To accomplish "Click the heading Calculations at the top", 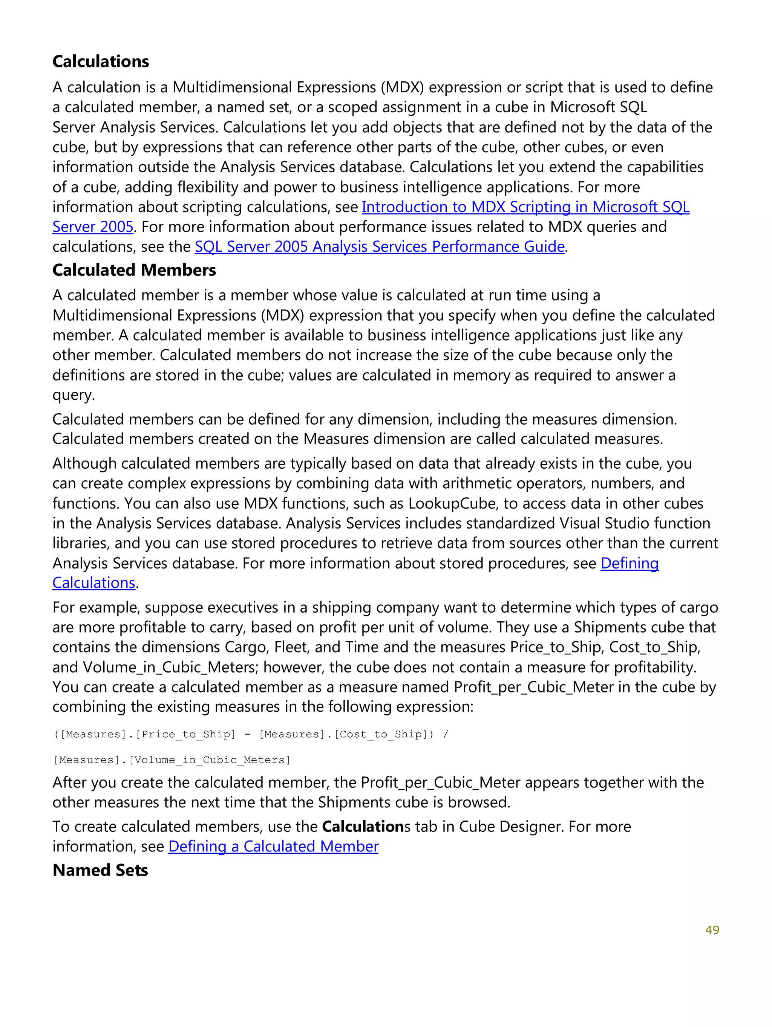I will [100, 61].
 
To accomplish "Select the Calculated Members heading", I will [134, 270].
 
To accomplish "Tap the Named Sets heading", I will [100, 870].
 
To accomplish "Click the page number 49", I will [712, 929].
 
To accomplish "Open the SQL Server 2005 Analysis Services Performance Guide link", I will [379, 246].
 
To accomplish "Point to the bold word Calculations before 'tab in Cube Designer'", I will [363, 827].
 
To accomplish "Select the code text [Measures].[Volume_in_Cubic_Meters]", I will [172, 760].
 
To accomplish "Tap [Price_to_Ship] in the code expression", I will [186, 734].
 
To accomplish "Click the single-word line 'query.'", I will [74, 395].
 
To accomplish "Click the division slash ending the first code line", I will [446, 734].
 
